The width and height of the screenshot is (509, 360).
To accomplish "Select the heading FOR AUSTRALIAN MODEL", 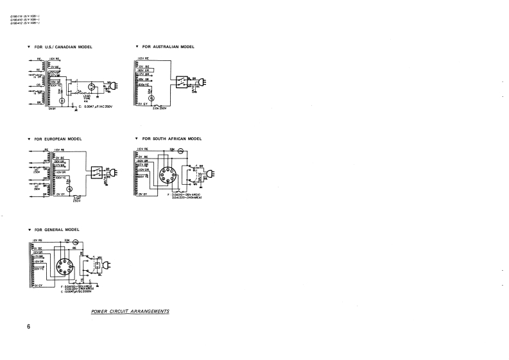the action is tap(168, 47).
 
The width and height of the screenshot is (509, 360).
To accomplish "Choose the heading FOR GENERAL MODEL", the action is tap(57, 229).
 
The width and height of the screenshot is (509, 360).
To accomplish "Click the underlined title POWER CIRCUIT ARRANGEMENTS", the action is tap(130, 311).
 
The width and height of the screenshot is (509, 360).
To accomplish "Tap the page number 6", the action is tap(29, 327).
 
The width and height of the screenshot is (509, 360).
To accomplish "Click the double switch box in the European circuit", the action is tap(98, 172).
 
